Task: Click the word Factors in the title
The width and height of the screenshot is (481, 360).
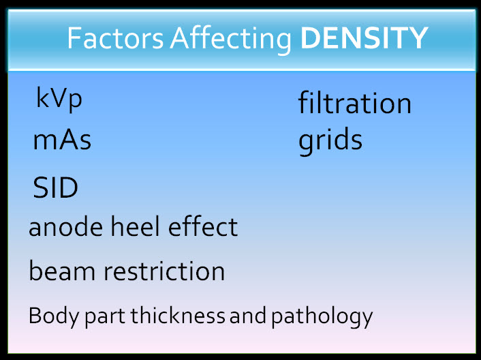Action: coord(115,38)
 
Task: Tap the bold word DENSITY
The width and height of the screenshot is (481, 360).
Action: coord(364,38)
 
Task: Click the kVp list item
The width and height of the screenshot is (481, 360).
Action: coord(59,99)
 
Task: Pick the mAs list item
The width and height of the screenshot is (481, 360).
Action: coord(62,140)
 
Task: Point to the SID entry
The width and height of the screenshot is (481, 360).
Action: coord(55,187)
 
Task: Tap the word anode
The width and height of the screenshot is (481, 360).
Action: coord(66,226)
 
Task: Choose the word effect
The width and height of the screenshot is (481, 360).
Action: coord(203,226)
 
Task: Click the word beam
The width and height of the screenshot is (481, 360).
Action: coord(62,271)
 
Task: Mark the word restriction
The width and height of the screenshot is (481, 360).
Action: coord(164,271)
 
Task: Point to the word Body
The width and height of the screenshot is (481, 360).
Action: coord(54,317)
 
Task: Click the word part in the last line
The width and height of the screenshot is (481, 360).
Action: coord(105,318)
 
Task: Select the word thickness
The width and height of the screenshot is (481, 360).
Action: coord(178,315)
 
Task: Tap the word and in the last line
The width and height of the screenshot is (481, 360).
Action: coord(248,315)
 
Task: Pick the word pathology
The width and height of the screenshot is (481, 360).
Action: coord(322,317)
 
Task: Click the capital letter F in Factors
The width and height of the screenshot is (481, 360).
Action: coord(74,38)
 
